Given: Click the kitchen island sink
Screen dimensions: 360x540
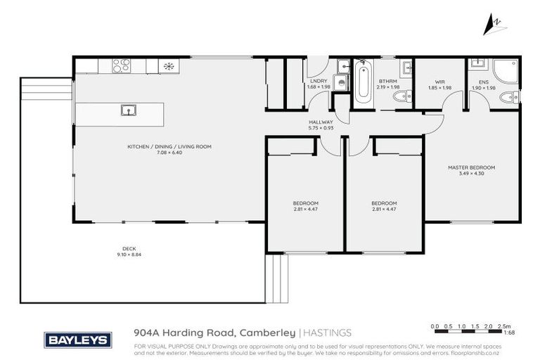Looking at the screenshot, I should click(127, 110).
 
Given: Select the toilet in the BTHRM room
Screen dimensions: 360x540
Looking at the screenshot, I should click(397, 97).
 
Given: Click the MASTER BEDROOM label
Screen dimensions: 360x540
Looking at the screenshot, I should click(471, 167).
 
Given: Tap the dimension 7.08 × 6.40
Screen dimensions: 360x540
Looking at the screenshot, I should click(169, 153).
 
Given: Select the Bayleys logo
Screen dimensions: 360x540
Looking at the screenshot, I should click(77, 340).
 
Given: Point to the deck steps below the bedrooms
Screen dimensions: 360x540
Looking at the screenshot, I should click(276, 278).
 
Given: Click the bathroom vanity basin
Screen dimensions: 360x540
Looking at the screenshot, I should click(406, 69).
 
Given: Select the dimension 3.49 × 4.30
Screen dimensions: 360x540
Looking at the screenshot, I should click(471, 174).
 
